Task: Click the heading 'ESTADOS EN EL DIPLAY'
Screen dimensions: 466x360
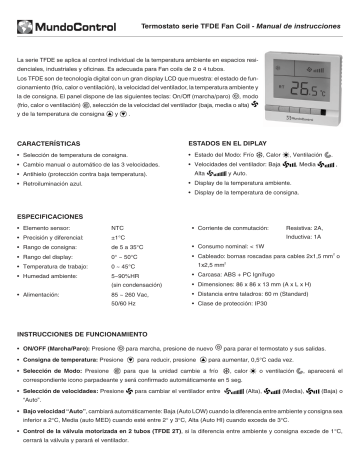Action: click(x=229, y=146)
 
